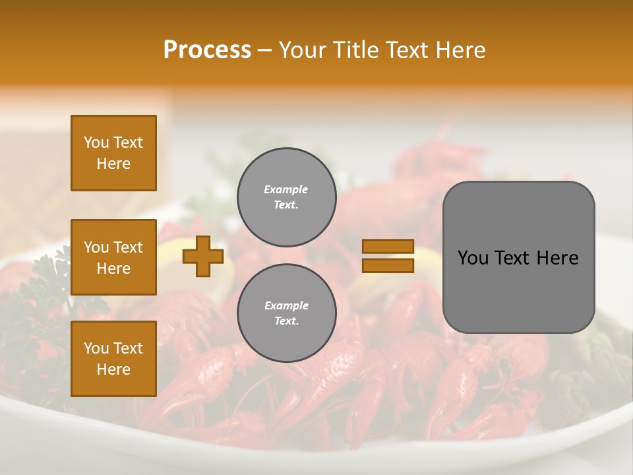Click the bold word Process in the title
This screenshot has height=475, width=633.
click(x=207, y=50)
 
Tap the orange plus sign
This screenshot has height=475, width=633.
click(x=203, y=257)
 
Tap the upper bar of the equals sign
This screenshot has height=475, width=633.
click(x=388, y=247)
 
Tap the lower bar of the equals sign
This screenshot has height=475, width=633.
click(x=388, y=266)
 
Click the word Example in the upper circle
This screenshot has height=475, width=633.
click(x=286, y=189)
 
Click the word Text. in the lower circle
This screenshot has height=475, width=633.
click(x=286, y=321)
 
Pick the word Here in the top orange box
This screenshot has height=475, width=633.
click(x=113, y=164)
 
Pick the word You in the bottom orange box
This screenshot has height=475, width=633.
click(x=96, y=348)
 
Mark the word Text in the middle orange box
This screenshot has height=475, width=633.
click(x=128, y=247)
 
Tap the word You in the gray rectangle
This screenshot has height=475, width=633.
click(x=473, y=258)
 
